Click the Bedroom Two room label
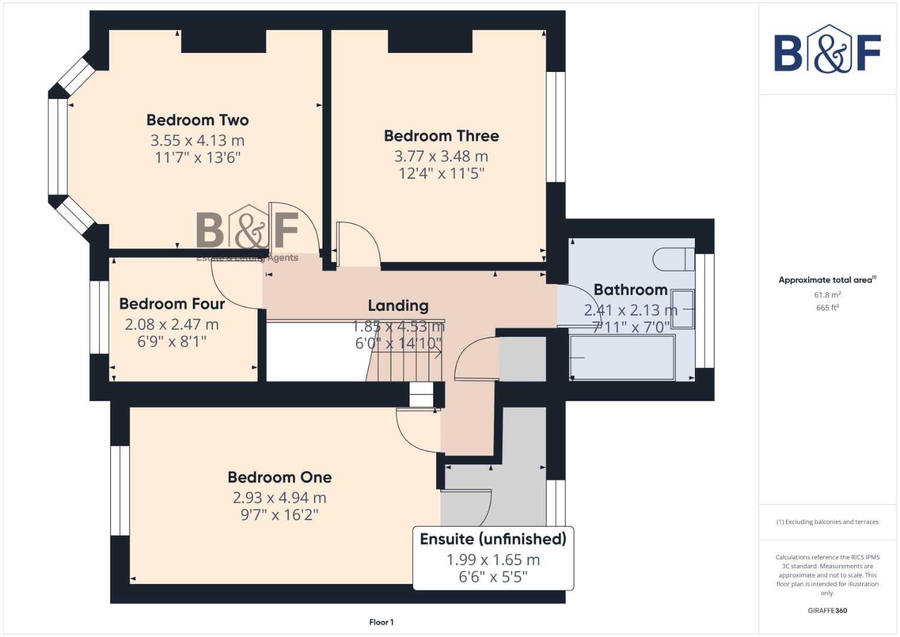click(x=197, y=120)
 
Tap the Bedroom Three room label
click(x=441, y=136)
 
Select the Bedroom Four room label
click(x=172, y=304)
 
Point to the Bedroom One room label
click(x=279, y=477)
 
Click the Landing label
click(x=398, y=306)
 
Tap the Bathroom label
click(x=630, y=290)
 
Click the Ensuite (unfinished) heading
click(x=493, y=539)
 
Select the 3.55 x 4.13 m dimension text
click(x=197, y=140)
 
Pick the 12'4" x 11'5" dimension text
click(x=441, y=173)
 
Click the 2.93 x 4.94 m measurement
click(x=279, y=498)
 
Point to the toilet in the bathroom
click(x=674, y=259)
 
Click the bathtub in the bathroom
click(x=622, y=357)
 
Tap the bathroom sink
click(x=683, y=309)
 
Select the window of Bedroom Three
click(x=555, y=127)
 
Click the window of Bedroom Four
click(x=99, y=317)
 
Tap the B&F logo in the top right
click(x=827, y=51)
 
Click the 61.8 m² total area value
click(x=827, y=295)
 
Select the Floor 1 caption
click(x=381, y=622)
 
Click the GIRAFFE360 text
click(x=827, y=610)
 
